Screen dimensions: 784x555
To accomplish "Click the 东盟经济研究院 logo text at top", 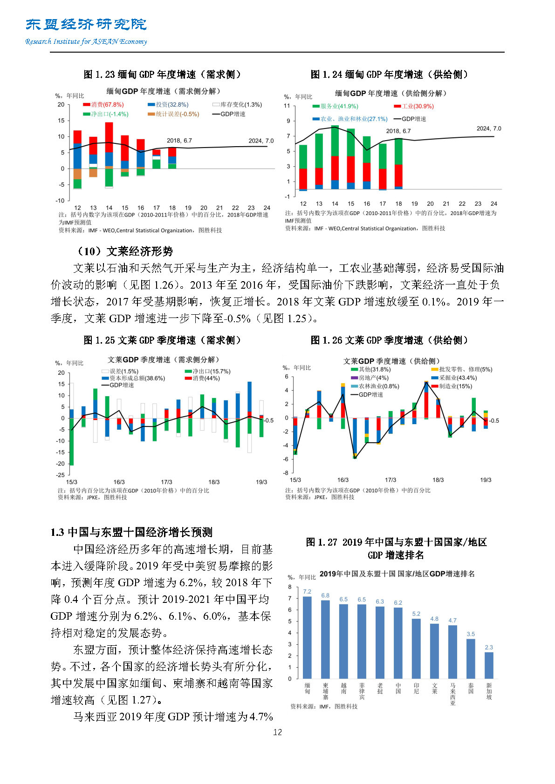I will click(86, 24).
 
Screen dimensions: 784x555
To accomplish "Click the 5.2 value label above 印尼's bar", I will click(416, 614).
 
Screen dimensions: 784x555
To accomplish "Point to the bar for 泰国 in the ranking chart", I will click(471, 658).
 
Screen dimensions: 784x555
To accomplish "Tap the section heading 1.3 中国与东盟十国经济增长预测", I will click(131, 532).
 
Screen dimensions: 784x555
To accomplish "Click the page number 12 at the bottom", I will click(277, 732).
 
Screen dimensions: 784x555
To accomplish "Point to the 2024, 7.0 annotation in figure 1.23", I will click(261, 141).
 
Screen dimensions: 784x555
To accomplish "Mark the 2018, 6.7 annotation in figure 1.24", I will click(398, 131).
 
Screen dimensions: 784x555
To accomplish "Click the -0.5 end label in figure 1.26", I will click(493, 420).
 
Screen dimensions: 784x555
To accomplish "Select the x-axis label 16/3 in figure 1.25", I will click(119, 482).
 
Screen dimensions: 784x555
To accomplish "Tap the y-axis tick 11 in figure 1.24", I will click(287, 106).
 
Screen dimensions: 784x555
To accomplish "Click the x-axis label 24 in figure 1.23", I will click(267, 208).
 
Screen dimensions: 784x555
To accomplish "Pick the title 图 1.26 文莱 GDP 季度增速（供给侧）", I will click(390, 340).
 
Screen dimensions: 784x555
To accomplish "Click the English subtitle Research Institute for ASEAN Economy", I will click(86, 41).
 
